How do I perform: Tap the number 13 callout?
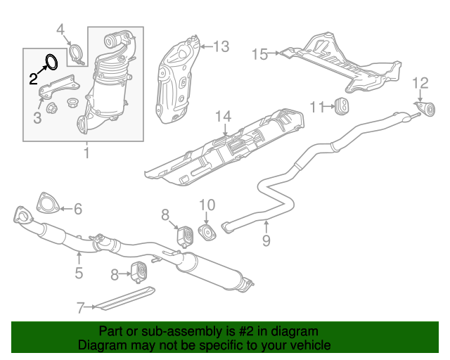[x=221, y=47]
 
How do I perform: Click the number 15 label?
[x=259, y=53]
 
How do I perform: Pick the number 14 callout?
[x=223, y=115]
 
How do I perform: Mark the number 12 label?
[x=419, y=84]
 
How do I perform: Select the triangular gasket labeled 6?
[x=46, y=202]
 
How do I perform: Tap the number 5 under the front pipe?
[x=79, y=273]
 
